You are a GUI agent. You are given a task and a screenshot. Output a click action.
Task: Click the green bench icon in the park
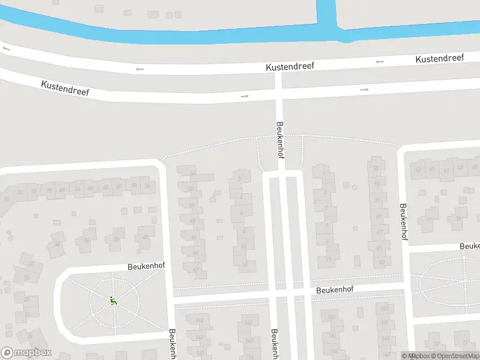click(113, 300)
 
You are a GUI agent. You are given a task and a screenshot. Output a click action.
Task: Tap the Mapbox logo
click(26, 352)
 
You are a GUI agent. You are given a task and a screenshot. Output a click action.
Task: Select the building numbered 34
click(58, 244)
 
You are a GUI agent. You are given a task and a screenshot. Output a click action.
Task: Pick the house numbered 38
click(116, 239)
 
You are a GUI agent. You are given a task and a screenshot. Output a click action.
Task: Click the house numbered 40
click(145, 237)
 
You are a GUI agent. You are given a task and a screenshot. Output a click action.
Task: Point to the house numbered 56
click(147, 186)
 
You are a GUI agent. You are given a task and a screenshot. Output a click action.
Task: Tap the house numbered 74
click(20, 192)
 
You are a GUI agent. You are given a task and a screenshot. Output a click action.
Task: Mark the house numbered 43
click(460, 167)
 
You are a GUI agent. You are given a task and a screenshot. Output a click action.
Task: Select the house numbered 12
click(244, 263)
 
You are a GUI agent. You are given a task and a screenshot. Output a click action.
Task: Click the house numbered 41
click(428, 219)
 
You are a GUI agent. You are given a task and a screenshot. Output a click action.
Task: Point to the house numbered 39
click(458, 218)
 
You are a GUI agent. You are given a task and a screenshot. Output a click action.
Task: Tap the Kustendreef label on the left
click(65, 89)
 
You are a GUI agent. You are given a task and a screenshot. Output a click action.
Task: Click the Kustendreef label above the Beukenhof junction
click(290, 67)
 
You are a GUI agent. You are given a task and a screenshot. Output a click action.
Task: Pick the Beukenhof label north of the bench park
click(146, 265)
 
